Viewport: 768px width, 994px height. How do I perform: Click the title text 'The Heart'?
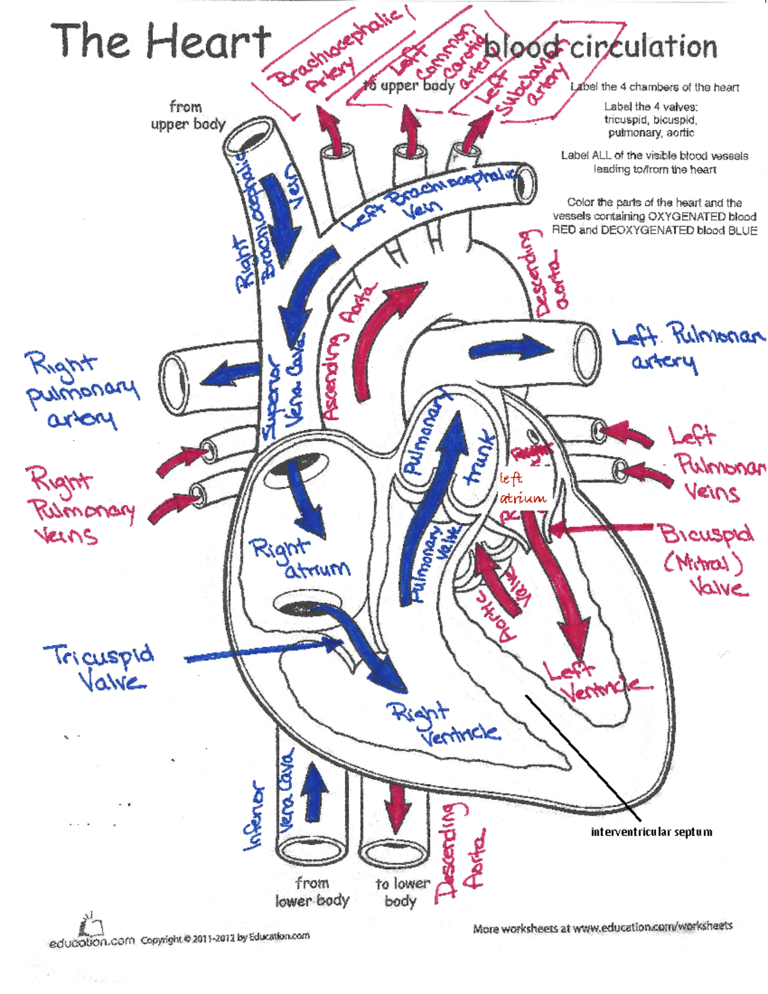coord(161,42)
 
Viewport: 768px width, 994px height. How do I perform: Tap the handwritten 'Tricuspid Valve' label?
coord(99,667)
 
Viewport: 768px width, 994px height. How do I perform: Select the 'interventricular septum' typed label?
coord(651,831)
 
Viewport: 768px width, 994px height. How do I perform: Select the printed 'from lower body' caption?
coord(312,892)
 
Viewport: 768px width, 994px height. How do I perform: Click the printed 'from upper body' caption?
coord(188,115)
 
